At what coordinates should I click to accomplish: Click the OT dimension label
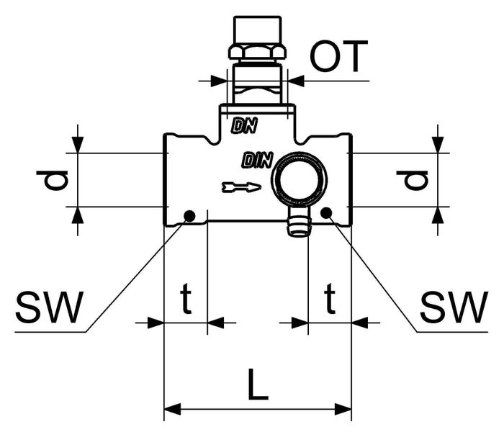pyautogui.click(x=339, y=56)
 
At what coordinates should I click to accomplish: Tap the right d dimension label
pyautogui.click(x=416, y=179)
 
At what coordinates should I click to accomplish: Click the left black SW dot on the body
pyautogui.click(x=189, y=215)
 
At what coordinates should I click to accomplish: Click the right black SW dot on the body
pyautogui.click(x=326, y=212)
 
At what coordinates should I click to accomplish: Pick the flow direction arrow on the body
pyautogui.click(x=241, y=188)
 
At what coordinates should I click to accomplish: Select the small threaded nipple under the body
pyautogui.click(x=296, y=223)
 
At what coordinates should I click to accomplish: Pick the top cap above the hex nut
pyautogui.click(x=256, y=30)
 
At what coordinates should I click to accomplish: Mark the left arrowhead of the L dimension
pyautogui.click(x=170, y=412)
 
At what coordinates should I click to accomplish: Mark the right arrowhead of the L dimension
pyautogui.click(x=346, y=412)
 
